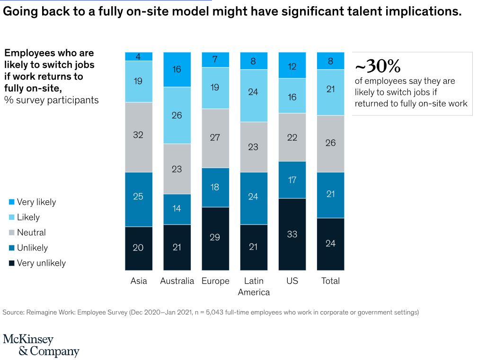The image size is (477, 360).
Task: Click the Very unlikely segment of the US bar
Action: (292, 234)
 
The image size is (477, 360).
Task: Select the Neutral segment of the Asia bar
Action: (138, 137)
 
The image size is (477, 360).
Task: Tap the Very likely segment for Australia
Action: (177, 69)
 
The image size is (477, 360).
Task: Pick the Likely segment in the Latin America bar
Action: (253, 95)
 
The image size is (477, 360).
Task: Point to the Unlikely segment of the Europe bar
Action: (215, 187)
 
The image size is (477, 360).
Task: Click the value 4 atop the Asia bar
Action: (138, 57)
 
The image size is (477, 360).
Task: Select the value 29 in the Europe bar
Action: (215, 237)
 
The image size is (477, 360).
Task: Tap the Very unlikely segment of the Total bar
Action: (330, 244)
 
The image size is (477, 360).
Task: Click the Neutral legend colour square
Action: (11, 233)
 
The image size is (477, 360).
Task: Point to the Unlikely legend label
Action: (32, 248)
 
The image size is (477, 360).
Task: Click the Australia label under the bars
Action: (177, 281)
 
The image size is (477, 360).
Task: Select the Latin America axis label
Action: (254, 287)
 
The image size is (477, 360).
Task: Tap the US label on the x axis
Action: (292, 281)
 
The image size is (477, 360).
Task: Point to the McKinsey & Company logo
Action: (41, 345)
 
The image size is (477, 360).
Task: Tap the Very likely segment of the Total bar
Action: (330, 61)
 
